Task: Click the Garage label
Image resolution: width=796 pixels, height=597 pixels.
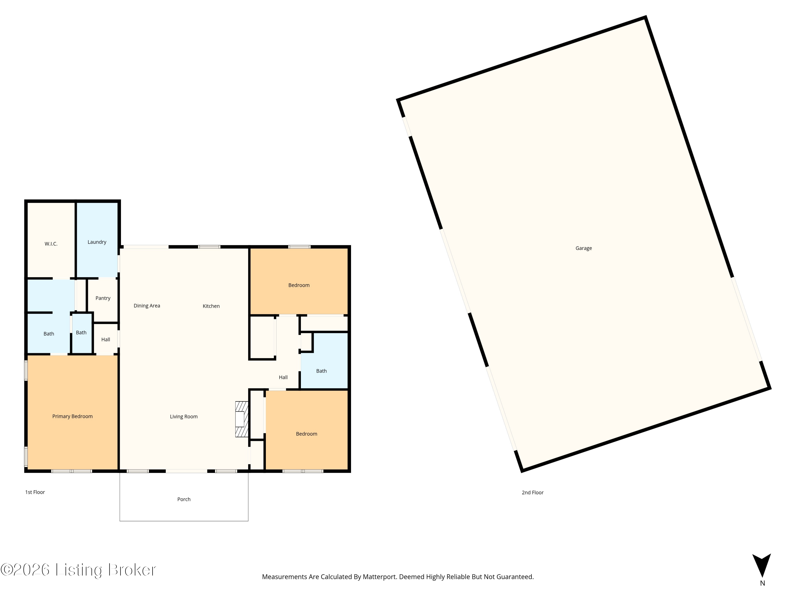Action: (x=583, y=248)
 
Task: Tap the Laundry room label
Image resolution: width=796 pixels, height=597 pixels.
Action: (x=97, y=242)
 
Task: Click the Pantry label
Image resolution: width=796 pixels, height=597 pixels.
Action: (x=103, y=298)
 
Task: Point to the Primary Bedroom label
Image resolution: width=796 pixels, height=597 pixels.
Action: (x=72, y=416)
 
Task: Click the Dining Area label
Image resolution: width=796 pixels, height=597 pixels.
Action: (x=147, y=306)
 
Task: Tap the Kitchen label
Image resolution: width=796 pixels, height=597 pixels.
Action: (x=211, y=306)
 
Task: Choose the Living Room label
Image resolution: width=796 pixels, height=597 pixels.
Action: (x=184, y=417)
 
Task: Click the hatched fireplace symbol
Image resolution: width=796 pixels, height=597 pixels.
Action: (x=241, y=419)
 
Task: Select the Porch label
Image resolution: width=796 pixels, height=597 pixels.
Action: (x=184, y=499)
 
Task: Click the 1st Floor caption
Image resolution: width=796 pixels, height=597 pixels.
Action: (x=35, y=492)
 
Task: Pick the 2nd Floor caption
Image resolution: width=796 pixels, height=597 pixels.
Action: (x=533, y=493)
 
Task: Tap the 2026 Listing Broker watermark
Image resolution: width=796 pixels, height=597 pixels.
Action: (x=79, y=570)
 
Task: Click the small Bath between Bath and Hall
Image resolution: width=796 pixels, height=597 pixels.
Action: (x=81, y=333)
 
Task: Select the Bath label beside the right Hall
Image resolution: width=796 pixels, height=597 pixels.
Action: (x=321, y=371)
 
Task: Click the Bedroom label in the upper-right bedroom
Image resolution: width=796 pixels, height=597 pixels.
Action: (x=299, y=285)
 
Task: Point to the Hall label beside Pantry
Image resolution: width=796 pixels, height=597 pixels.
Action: (x=105, y=340)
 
